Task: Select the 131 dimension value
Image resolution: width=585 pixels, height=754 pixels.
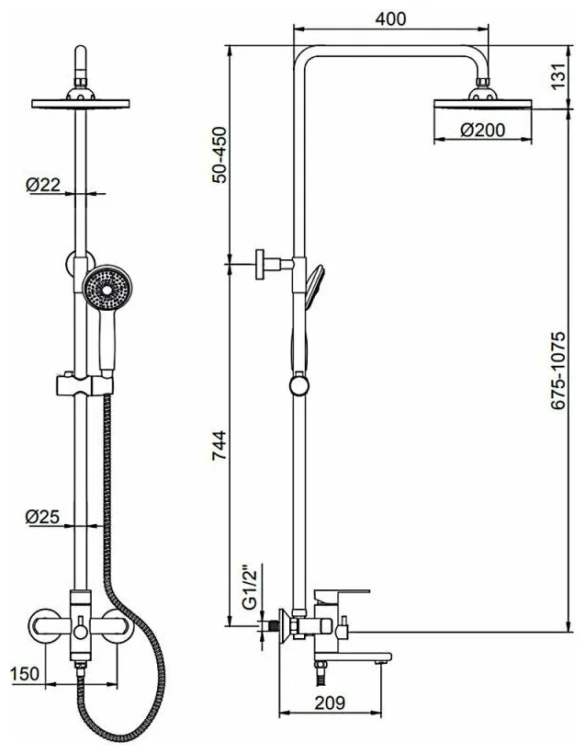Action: coord(557,78)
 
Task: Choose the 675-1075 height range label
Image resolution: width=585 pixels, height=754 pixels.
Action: coord(559,371)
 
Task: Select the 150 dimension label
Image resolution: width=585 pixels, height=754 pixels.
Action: coord(26,674)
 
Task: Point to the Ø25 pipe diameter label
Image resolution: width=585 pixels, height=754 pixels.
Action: coord(43,517)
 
